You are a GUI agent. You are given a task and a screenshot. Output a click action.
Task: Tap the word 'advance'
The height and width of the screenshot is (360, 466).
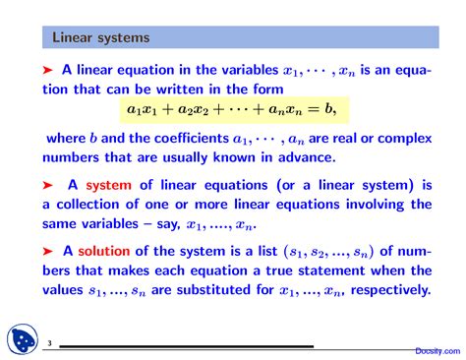(306, 156)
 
